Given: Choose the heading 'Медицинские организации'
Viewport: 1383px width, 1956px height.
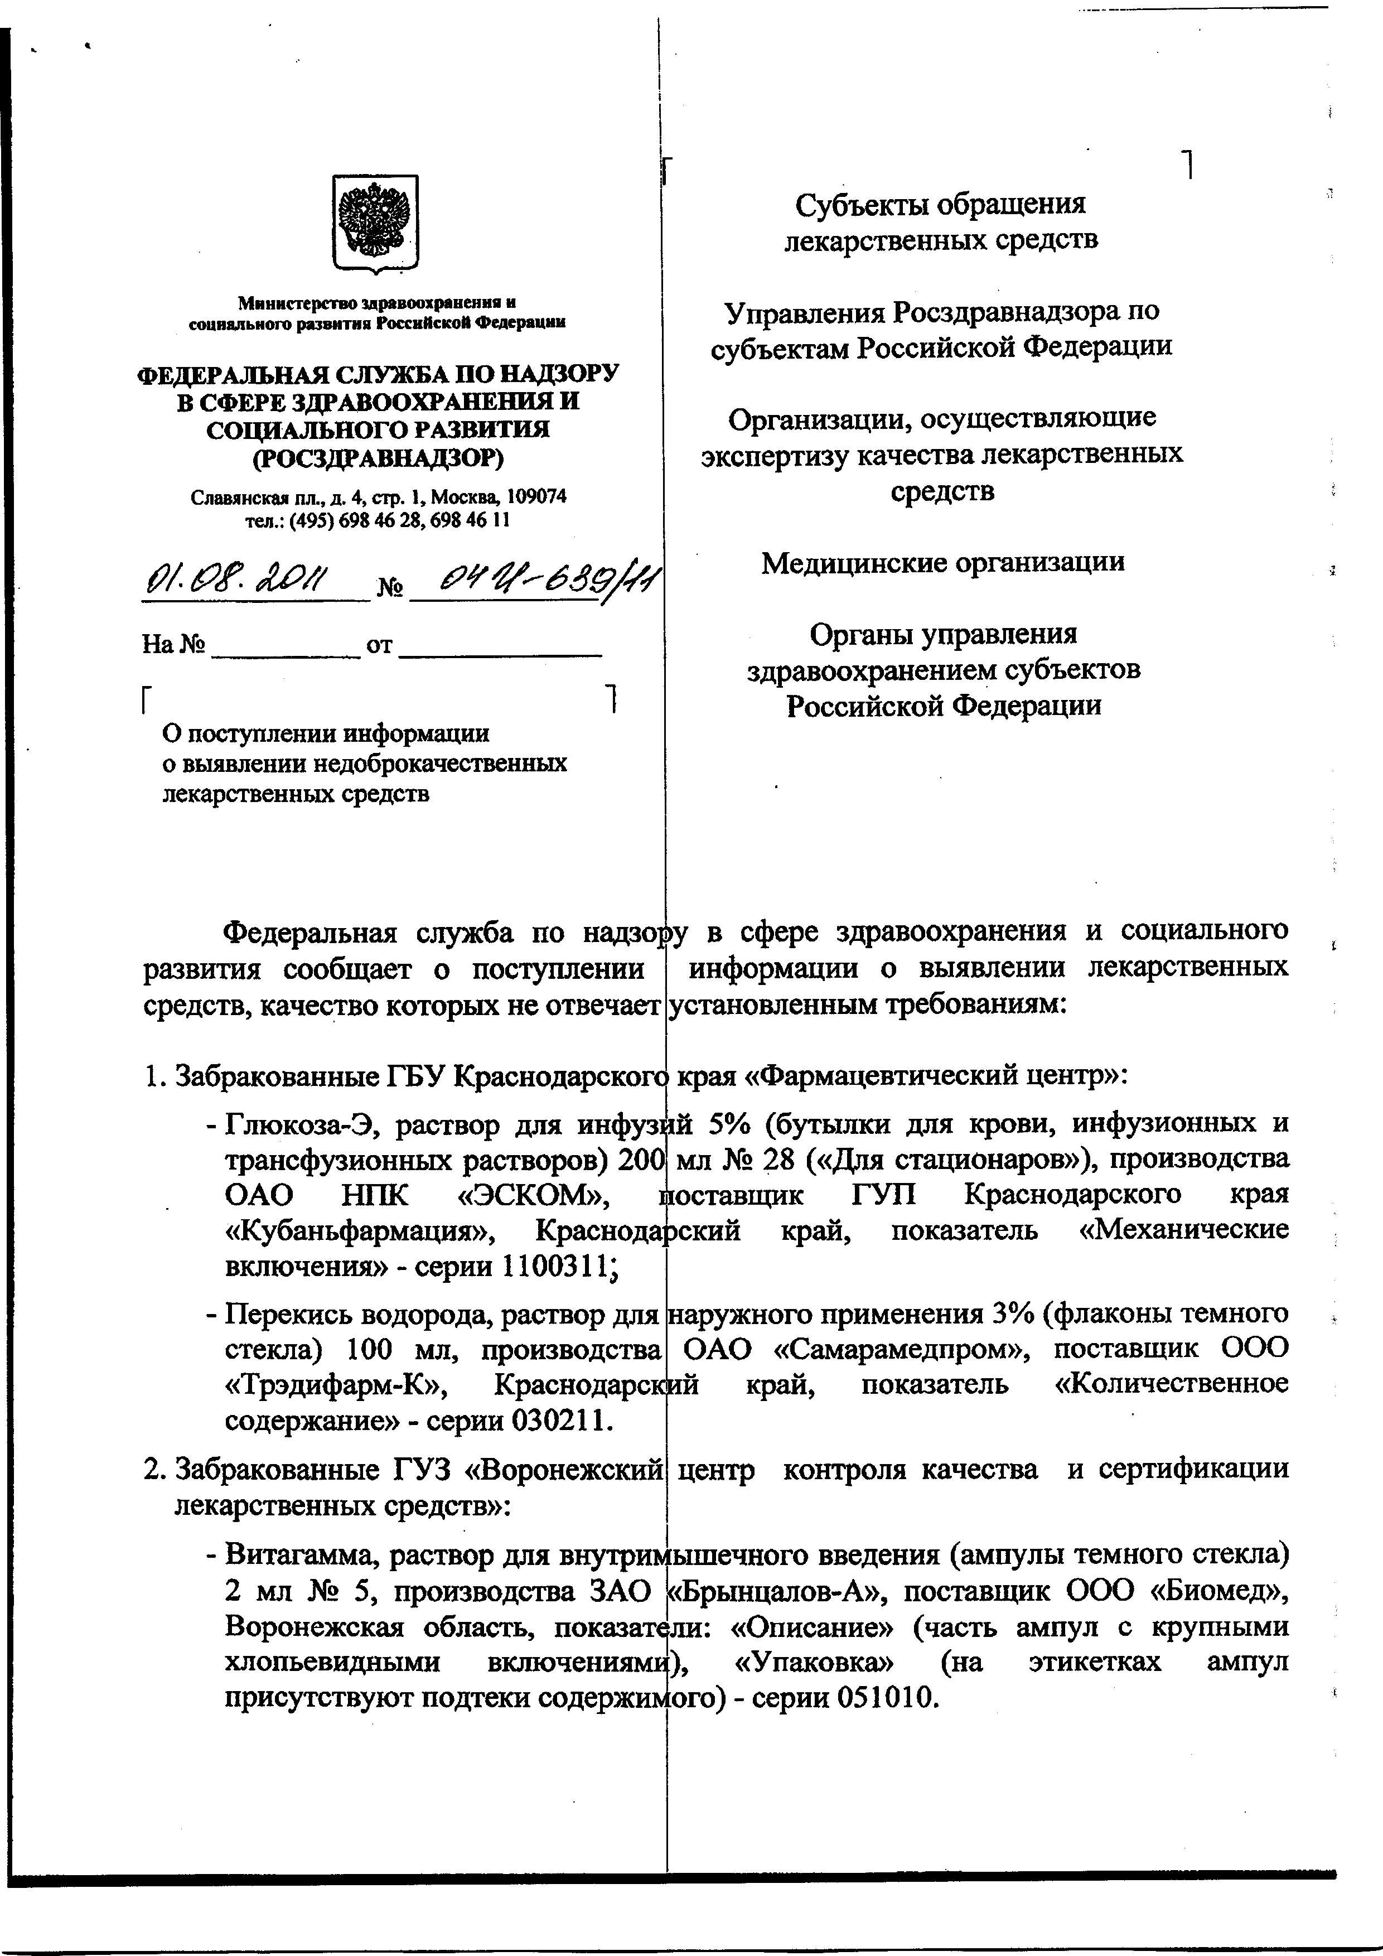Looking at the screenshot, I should [942, 562].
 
